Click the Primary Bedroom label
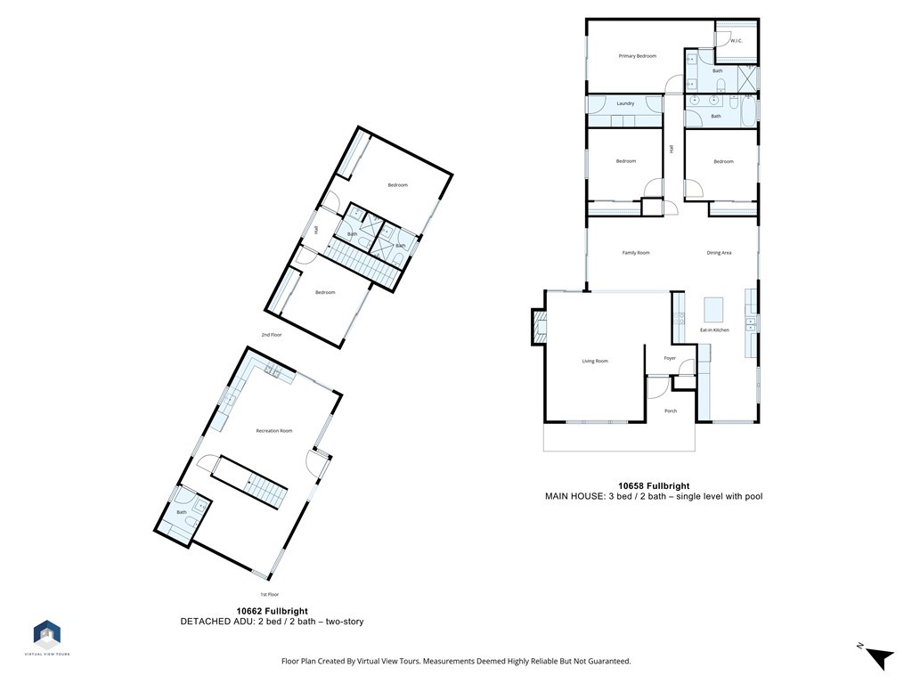point(637,56)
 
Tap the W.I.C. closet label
point(737,41)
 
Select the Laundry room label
point(625,103)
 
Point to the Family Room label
point(635,253)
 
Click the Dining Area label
point(719,253)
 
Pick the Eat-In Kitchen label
point(714,330)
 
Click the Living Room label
point(595,361)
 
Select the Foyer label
point(670,358)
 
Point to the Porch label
point(671,411)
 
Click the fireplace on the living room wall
point(539,325)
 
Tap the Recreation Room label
point(273,431)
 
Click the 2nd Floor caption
point(272,335)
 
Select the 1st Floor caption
point(270,594)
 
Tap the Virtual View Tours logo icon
point(46,633)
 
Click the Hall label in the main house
point(672,149)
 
